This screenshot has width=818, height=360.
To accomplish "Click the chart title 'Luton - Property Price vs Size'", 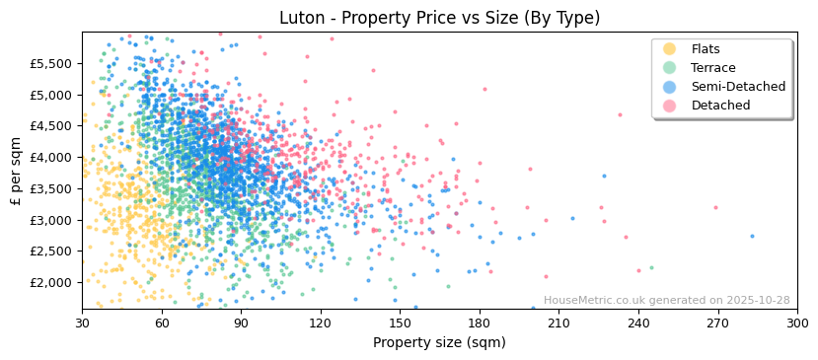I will coord(439,18).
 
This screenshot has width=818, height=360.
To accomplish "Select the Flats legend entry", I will coord(706,49).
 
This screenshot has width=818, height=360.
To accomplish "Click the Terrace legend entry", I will coord(713,68).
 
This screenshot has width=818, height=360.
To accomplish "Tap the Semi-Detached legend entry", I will coord(738,87).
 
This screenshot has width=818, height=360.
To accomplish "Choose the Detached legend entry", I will coord(720,106).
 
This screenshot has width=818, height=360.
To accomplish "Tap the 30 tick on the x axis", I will coord(82,323).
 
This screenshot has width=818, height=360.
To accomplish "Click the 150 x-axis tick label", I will coord(400,323).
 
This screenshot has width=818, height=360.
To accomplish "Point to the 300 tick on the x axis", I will coord(797,323).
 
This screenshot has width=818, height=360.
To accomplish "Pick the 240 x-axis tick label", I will coord(638,323).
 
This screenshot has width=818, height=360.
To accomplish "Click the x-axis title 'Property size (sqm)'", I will coord(439,342).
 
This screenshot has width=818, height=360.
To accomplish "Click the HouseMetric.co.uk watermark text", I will coord(666,301).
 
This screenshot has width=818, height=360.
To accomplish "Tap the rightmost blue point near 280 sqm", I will coord(752,236).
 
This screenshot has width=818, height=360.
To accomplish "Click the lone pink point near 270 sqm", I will coord(715,207).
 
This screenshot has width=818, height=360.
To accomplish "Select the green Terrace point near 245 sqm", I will coord(651,267).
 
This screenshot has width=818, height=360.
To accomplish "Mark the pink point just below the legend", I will coord(620,114).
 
